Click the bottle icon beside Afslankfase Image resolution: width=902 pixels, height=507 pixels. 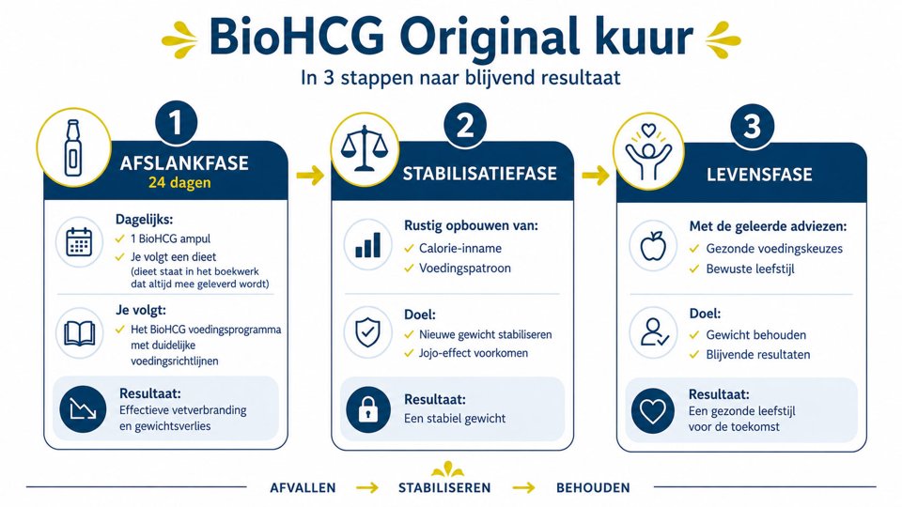click(73, 147)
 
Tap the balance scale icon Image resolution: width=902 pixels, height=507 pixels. click(365, 149)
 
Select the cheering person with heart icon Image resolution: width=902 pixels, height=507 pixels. click(649, 150)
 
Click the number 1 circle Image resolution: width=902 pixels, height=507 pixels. click(176, 123)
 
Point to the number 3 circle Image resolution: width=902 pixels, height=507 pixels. click(753, 126)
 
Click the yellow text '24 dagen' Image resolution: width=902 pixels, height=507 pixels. click(179, 183)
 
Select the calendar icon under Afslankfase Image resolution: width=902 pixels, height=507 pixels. click(79, 242)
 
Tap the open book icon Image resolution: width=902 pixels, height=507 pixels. click(79, 333)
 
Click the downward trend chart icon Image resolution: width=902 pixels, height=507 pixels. click(83, 409)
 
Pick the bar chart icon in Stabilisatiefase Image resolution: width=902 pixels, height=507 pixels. click(368, 245)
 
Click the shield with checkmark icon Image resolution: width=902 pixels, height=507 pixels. click(367, 332)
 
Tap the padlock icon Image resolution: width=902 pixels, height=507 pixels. click(368, 409)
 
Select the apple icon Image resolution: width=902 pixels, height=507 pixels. click(654, 245)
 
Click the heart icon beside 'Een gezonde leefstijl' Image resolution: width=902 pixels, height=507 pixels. click(653, 411)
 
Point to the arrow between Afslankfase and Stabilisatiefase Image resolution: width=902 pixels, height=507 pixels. click(311, 176)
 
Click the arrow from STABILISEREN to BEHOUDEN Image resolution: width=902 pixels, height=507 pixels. click(523, 488)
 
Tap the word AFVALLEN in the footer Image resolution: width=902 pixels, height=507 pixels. click(303, 488)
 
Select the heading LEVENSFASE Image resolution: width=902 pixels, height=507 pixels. click(759, 175)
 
